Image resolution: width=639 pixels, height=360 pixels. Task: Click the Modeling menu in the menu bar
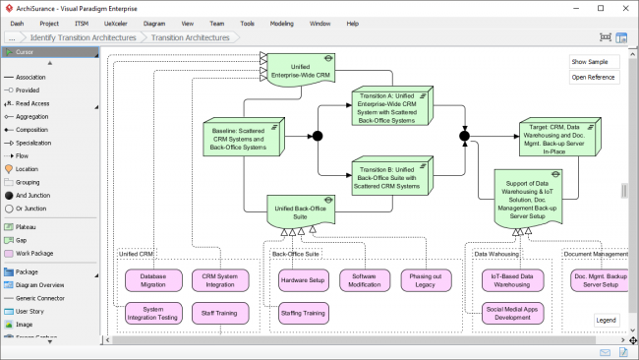coord(281,22)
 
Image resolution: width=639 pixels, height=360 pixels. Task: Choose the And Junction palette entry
coord(33,195)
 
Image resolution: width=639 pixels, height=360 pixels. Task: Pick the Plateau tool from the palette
coord(27,226)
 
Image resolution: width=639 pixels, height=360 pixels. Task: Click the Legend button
coord(606,320)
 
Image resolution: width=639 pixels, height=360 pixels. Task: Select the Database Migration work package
coord(153,281)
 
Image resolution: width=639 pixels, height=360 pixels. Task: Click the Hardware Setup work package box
coord(302,280)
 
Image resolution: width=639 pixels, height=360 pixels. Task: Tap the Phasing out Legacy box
coord(426,281)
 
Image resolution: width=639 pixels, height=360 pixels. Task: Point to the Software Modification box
coord(365,281)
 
